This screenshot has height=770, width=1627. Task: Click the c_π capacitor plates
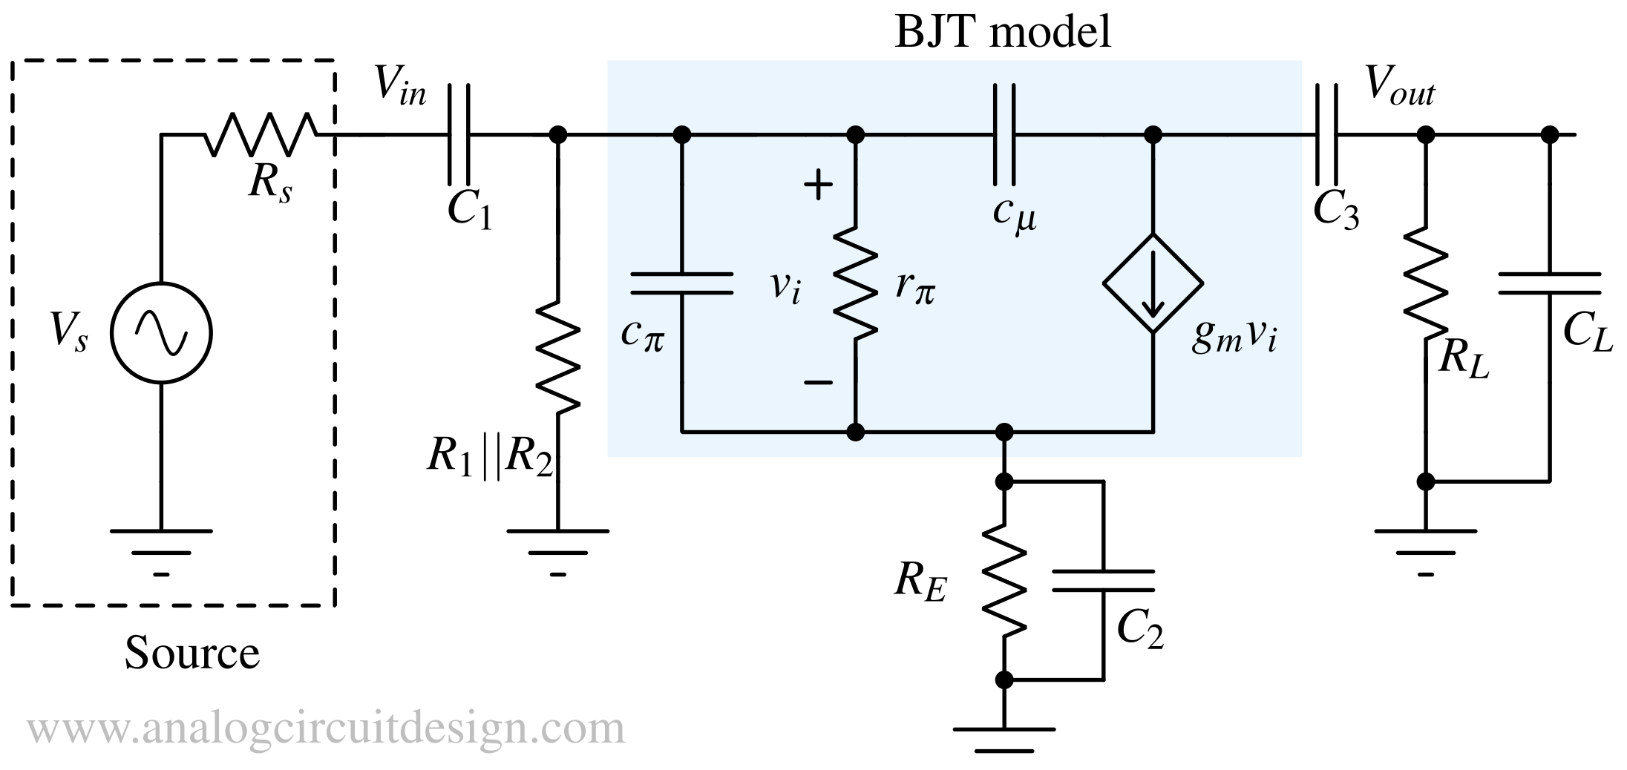pyautogui.click(x=681, y=283)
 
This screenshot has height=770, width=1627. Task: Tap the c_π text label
pyautogui.click(x=643, y=335)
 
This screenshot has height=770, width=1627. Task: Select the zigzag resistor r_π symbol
pyautogui.click(x=856, y=283)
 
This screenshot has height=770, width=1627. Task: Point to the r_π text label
pyautogui.click(x=914, y=286)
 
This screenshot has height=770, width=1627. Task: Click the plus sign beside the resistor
pyautogui.click(x=818, y=185)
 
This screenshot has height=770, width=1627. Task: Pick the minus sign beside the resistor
pyautogui.click(x=818, y=383)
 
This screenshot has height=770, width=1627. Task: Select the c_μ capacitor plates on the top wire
pyautogui.click(x=1004, y=135)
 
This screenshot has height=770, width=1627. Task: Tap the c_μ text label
pyautogui.click(x=1015, y=215)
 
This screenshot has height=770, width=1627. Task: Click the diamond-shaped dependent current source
pyautogui.click(x=1153, y=283)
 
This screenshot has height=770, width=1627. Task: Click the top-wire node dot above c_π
pyautogui.click(x=681, y=135)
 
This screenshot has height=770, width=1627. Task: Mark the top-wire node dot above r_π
pyautogui.click(x=856, y=135)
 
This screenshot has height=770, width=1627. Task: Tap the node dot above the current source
pyautogui.click(x=1153, y=135)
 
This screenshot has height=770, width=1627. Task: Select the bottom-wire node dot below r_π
pyautogui.click(x=856, y=432)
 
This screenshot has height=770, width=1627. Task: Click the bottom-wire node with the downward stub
pyautogui.click(x=1004, y=432)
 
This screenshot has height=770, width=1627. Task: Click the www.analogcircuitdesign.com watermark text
pyautogui.click(x=327, y=729)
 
